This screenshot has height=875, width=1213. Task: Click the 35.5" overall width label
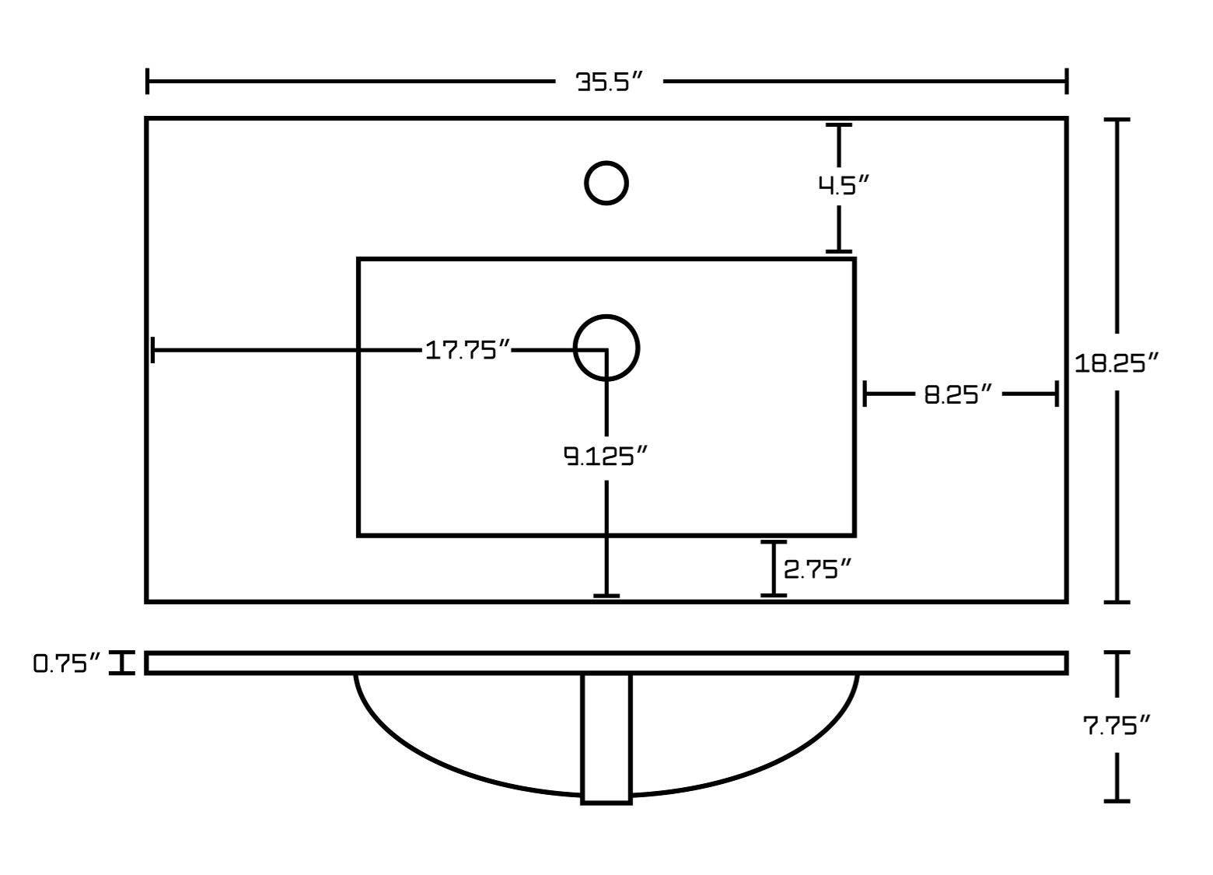pyautogui.click(x=610, y=82)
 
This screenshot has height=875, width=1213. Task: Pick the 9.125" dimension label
pyautogui.click(x=606, y=456)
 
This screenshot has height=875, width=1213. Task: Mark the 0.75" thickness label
pyautogui.click(x=67, y=663)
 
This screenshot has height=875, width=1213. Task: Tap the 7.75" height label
pyautogui.click(x=1117, y=726)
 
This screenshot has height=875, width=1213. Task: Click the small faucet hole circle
pyautogui.click(x=606, y=183)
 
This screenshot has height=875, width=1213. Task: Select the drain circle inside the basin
pyautogui.click(x=606, y=347)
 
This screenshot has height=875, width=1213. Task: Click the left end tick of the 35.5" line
pyautogui.click(x=148, y=81)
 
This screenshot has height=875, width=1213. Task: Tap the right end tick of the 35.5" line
pyautogui.click(x=1066, y=81)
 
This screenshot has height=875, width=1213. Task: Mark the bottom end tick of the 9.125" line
pyautogui.click(x=606, y=596)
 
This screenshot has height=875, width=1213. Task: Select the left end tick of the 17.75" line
pyautogui.click(x=153, y=350)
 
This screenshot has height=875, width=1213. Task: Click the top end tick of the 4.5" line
pyautogui.click(x=838, y=124)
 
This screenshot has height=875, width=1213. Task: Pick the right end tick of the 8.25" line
pyautogui.click(x=1056, y=394)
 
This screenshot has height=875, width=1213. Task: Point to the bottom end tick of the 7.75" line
pyautogui.click(x=1117, y=800)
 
